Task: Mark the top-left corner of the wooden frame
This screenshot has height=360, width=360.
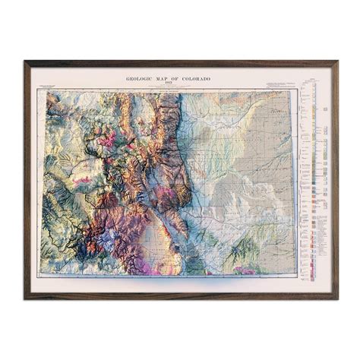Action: [24, 61]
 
